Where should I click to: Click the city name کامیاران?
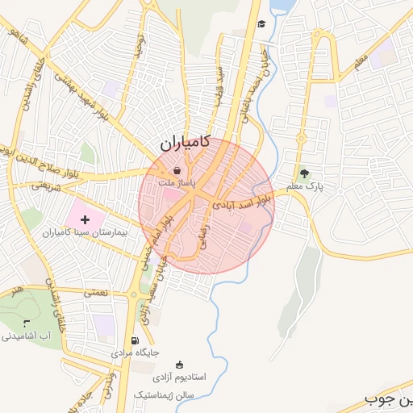pyautogui.click(x=184, y=144)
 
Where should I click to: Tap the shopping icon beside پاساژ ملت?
pyautogui.click(x=177, y=171)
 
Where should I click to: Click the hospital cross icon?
pyautogui.click(x=86, y=219)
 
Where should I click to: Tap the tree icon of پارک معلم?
pyautogui.click(x=304, y=173)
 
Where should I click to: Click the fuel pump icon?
pyautogui.click(x=134, y=340)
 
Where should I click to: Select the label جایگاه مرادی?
pyautogui.click(x=135, y=353)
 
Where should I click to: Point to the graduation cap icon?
pyautogui.click(x=261, y=24)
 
